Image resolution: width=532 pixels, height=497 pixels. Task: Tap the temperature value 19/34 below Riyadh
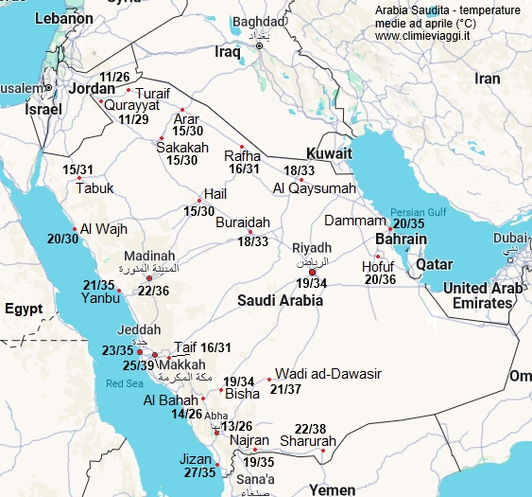(311, 283)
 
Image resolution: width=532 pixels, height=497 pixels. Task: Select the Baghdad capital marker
(260, 44)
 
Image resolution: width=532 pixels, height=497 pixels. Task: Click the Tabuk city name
(94, 188)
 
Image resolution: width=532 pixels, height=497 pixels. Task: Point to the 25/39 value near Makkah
(139, 364)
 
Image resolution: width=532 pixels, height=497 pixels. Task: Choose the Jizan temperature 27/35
(199, 472)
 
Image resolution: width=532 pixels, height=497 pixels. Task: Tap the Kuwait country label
(329, 153)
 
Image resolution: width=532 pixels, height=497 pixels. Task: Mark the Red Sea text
(124, 384)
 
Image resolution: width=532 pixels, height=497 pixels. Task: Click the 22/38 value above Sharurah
(310, 428)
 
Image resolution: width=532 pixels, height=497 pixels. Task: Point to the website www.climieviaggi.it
(424, 36)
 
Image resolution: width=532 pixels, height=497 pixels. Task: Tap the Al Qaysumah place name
(315, 188)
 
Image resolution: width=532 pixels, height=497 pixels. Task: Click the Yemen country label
(332, 490)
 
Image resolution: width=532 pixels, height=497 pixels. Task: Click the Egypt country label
(24, 310)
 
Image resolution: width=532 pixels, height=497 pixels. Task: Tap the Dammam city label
(356, 221)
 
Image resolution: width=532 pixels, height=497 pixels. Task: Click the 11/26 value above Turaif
(114, 77)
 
